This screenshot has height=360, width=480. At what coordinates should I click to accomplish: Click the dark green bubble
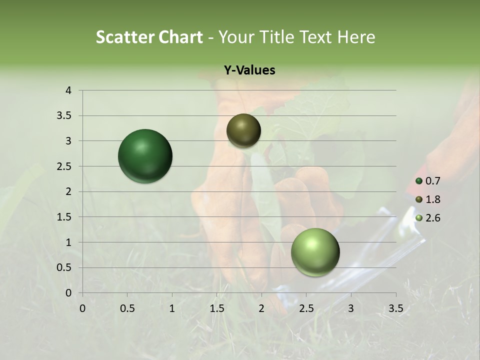(145, 156)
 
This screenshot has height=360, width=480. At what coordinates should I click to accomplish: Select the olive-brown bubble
(243, 130)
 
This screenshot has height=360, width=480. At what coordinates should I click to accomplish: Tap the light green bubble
(315, 252)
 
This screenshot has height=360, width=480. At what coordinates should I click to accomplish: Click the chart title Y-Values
(249, 70)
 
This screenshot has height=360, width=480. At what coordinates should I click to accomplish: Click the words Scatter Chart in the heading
(149, 37)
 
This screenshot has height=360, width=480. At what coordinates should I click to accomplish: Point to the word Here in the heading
(356, 37)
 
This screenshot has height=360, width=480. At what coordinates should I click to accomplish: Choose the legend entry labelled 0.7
(428, 181)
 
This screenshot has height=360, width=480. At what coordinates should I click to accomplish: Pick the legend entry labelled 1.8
(428, 199)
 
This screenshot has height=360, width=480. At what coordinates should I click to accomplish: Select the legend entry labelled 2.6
(428, 218)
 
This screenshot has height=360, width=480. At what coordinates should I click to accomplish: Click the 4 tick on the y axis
(69, 90)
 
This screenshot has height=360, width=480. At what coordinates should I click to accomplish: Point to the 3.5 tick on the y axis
(65, 115)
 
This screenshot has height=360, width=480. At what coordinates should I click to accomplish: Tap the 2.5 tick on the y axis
(65, 166)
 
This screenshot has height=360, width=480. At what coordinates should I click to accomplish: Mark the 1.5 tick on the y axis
(65, 217)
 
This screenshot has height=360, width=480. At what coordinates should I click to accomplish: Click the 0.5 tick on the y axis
(65, 267)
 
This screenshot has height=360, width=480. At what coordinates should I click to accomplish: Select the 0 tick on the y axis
(69, 293)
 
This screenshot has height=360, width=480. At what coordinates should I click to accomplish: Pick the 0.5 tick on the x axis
(127, 308)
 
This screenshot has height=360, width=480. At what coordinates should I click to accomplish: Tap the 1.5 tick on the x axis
(217, 308)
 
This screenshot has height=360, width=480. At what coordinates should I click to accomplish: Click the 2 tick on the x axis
(261, 308)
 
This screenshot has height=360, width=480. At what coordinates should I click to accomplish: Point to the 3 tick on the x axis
(351, 308)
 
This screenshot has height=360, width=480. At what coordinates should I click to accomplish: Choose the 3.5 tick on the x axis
(395, 308)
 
